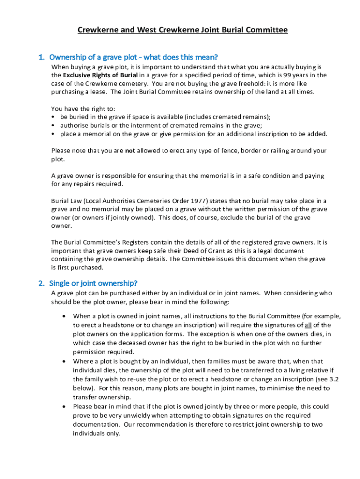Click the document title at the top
(182, 30)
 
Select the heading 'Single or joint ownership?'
(94, 283)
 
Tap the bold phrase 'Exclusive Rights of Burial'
(100, 75)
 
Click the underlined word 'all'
(309, 325)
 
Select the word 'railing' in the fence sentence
(265, 151)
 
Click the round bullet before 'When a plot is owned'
(63, 316)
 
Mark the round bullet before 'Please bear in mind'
(63, 406)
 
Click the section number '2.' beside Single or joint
(41, 283)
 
